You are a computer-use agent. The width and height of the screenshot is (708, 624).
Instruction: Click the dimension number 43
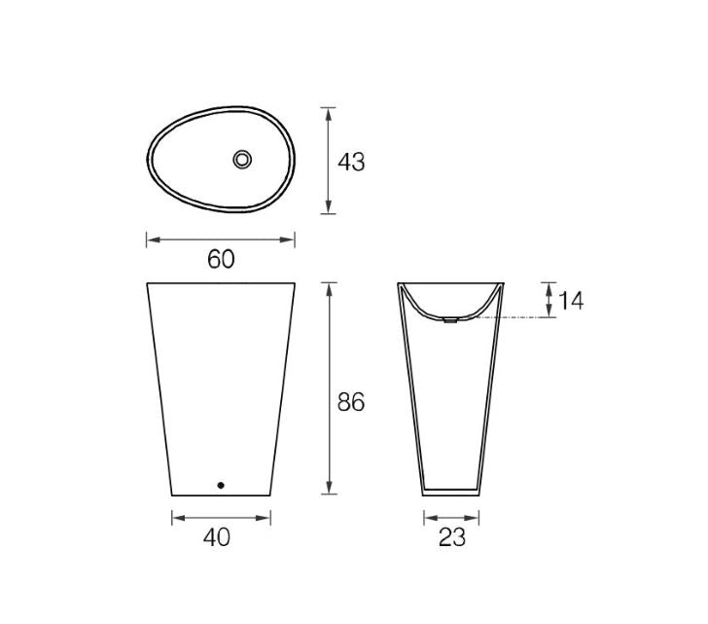click(351, 162)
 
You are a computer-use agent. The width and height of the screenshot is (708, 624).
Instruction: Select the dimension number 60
click(221, 260)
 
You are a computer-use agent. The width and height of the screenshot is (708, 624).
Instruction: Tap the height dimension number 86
click(351, 401)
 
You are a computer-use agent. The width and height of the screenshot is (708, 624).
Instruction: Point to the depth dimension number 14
click(571, 301)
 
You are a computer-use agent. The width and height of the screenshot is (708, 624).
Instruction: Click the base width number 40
click(219, 536)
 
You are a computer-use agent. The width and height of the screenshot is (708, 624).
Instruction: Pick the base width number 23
click(451, 536)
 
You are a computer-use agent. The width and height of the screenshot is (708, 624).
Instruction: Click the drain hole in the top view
click(242, 159)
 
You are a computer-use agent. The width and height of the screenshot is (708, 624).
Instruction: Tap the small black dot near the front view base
click(221, 484)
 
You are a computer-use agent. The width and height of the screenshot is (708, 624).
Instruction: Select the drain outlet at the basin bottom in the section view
click(450, 319)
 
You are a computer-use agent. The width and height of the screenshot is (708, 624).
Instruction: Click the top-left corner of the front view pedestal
click(147, 284)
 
